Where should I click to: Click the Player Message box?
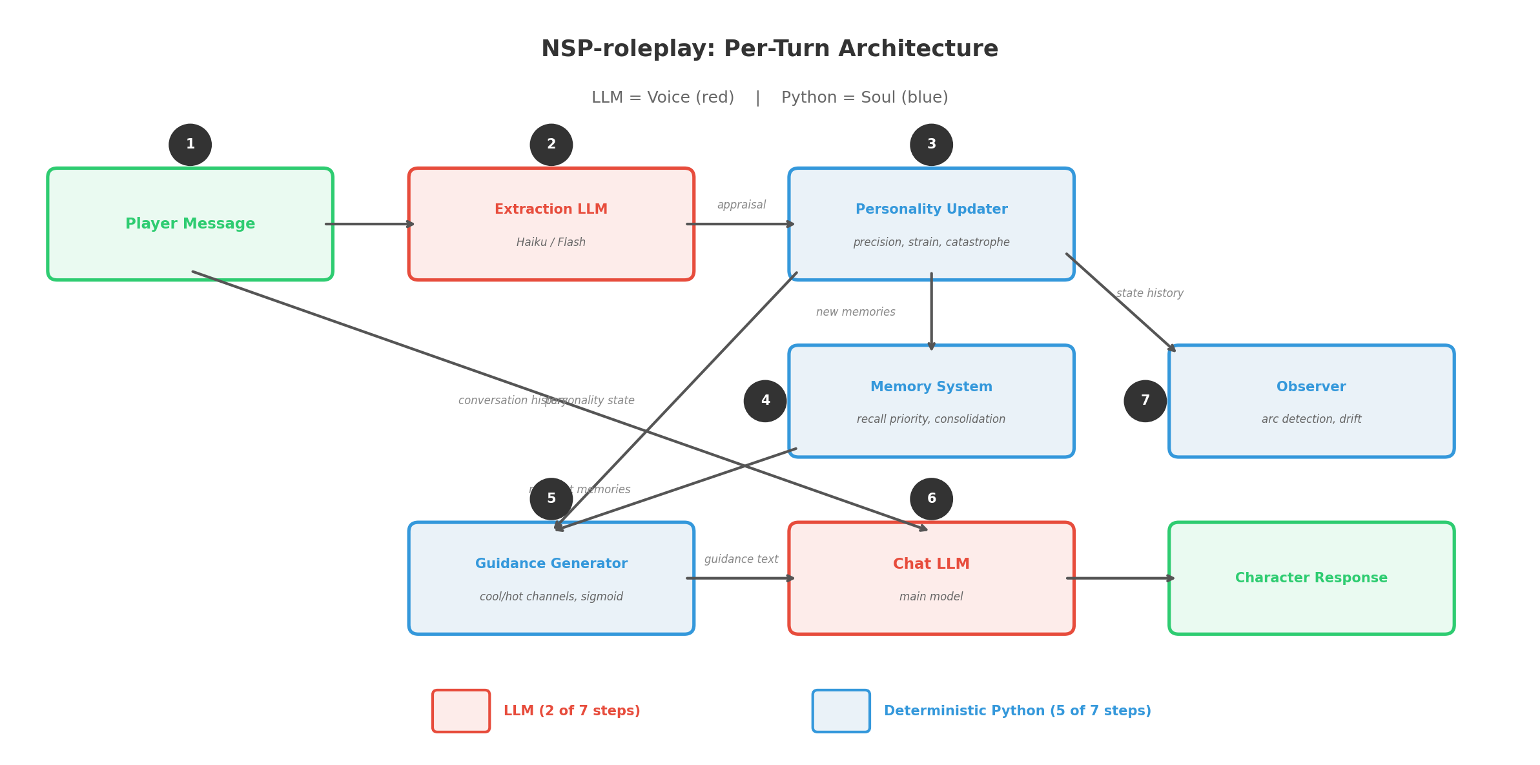click(x=190, y=224)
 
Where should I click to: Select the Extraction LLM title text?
click(x=551, y=210)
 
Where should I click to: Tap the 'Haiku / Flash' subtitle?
click(x=551, y=243)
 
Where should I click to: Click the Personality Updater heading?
click(x=930, y=210)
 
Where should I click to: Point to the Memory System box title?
click(x=930, y=387)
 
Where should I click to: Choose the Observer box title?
click(x=1311, y=387)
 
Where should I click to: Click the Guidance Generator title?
click(x=551, y=564)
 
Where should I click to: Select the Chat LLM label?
click(x=930, y=564)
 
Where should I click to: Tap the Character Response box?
click(x=1311, y=578)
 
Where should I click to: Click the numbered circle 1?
click(x=190, y=145)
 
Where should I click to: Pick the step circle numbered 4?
click(x=765, y=401)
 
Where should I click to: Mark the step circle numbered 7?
click(x=1144, y=401)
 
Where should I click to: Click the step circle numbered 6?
click(x=930, y=499)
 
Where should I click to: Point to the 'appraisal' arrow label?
click(x=741, y=205)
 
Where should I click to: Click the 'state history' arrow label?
click(x=1149, y=294)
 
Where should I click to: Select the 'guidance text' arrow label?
click(x=741, y=560)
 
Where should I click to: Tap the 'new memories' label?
click(x=855, y=312)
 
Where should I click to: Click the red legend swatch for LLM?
click(x=460, y=711)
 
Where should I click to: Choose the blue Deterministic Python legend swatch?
click(x=840, y=711)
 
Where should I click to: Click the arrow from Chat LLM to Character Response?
click(x=1120, y=578)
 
